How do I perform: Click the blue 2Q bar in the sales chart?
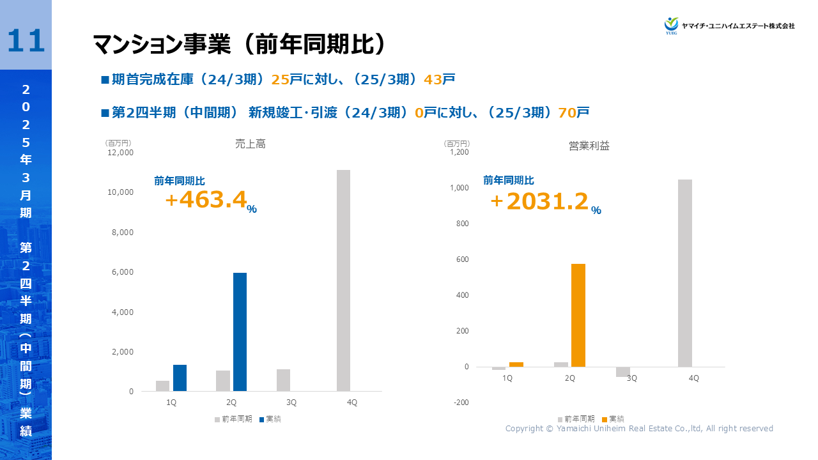(x=240, y=332)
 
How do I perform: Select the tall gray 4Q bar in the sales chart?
(x=343, y=280)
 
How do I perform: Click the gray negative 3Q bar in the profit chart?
(x=623, y=372)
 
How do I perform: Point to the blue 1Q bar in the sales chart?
(x=180, y=378)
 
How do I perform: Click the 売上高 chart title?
(x=250, y=144)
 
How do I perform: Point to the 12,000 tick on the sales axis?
(x=120, y=153)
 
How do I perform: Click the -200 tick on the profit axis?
(x=461, y=402)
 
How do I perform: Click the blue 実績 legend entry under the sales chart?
(x=270, y=419)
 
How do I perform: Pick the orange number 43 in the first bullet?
(x=433, y=80)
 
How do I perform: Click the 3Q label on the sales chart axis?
(x=291, y=402)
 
